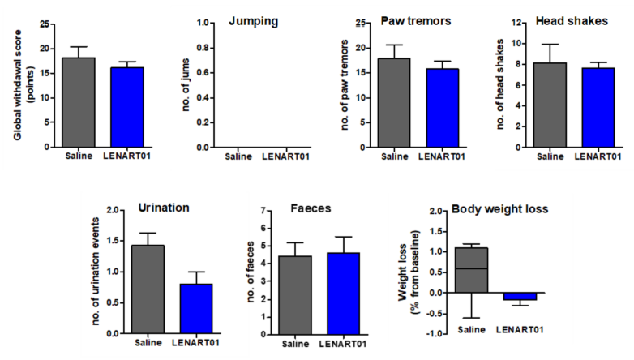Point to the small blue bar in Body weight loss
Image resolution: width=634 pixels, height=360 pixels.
(x=520, y=296)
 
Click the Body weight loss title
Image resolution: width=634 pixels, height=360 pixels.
(x=500, y=208)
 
